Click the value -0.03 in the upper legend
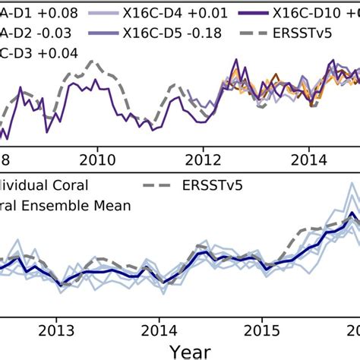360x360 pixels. point(43,35)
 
